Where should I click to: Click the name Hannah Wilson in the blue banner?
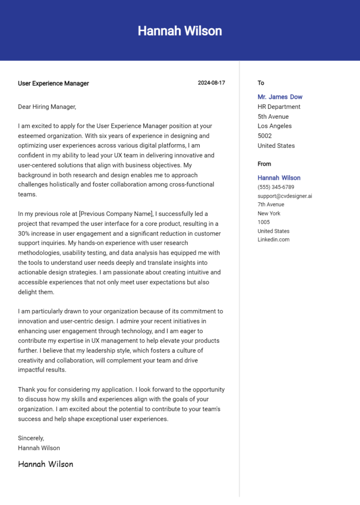tap(180, 31)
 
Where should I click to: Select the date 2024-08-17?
tap(211, 83)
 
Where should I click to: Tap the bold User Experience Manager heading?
tap(53, 83)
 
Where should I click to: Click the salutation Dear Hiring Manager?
tap(47, 107)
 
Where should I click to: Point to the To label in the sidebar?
tap(261, 83)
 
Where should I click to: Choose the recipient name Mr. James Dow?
tap(280, 97)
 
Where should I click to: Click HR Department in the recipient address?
tap(279, 107)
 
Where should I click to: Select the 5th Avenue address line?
tap(273, 116)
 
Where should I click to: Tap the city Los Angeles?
tap(274, 126)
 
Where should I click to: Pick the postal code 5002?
tap(264, 136)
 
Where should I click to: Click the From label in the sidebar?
tap(264, 164)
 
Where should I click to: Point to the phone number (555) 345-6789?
tap(276, 187)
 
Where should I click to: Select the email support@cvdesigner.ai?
tap(285, 196)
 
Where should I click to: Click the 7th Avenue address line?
tap(271, 204)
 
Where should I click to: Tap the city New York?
tap(269, 213)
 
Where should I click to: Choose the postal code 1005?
tap(263, 222)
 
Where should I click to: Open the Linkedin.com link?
tap(273, 240)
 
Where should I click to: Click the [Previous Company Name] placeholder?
tap(116, 214)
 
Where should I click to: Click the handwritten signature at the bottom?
tap(45, 464)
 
